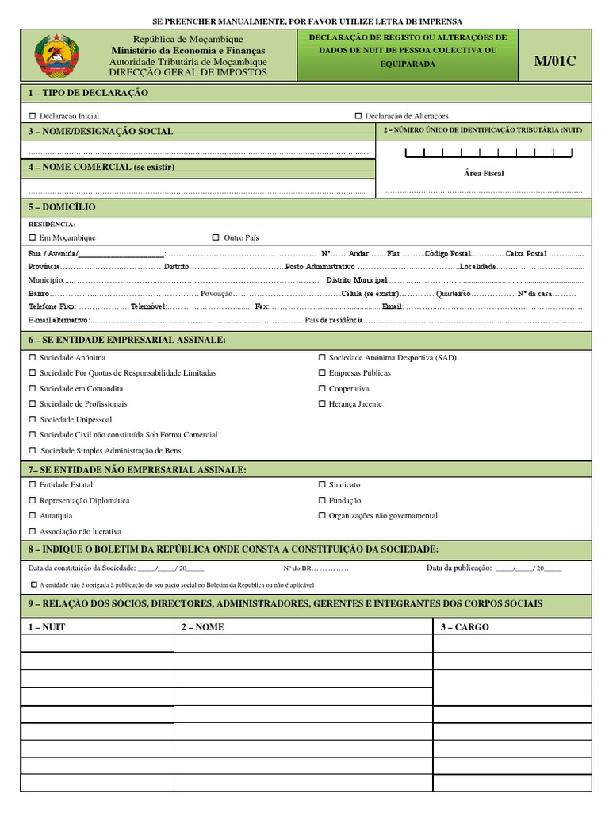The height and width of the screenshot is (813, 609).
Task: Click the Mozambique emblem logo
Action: [55, 55]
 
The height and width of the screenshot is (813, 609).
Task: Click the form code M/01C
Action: [557, 62]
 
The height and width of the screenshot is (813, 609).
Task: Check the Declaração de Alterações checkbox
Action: [358, 116]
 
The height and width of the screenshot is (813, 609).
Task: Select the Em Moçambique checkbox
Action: [33, 237]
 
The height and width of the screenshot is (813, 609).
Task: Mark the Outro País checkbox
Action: [216, 237]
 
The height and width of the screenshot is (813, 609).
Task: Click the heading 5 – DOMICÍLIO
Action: [62, 207]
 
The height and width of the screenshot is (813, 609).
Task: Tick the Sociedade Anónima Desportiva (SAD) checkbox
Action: [322, 357]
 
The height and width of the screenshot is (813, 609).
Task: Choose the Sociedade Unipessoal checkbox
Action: [33, 419]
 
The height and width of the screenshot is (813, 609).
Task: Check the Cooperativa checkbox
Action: [322, 388]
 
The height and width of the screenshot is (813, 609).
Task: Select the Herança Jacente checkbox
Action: [322, 403]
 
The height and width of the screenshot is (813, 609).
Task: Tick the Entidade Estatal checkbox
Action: [33, 484]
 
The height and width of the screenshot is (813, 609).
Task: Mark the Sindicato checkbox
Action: [322, 484]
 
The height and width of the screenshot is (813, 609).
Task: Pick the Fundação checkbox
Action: [322, 500]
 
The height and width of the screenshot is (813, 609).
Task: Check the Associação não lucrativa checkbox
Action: [33, 531]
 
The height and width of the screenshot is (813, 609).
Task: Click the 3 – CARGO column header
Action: [465, 626]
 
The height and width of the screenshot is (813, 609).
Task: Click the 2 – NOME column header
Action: [203, 626]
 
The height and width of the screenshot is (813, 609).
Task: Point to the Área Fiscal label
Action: [484, 173]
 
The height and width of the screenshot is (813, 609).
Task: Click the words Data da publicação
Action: [459, 568]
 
